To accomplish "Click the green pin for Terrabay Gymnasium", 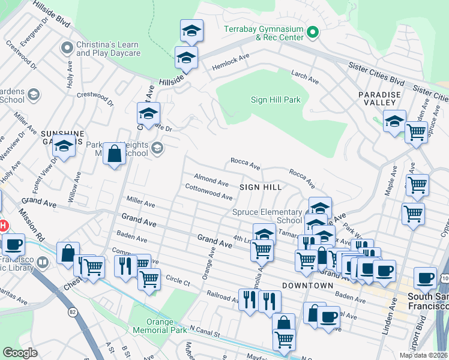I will [x=312, y=32].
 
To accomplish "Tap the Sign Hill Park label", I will [x=275, y=100].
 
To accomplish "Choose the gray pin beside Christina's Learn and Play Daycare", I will [x=67, y=46].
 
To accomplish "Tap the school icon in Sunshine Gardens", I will [x=63, y=146].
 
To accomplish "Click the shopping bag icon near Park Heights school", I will [x=113, y=154].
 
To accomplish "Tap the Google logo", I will [x=20, y=352].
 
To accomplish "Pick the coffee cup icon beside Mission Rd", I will [x=13, y=245].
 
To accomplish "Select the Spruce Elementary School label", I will [x=267, y=216].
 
